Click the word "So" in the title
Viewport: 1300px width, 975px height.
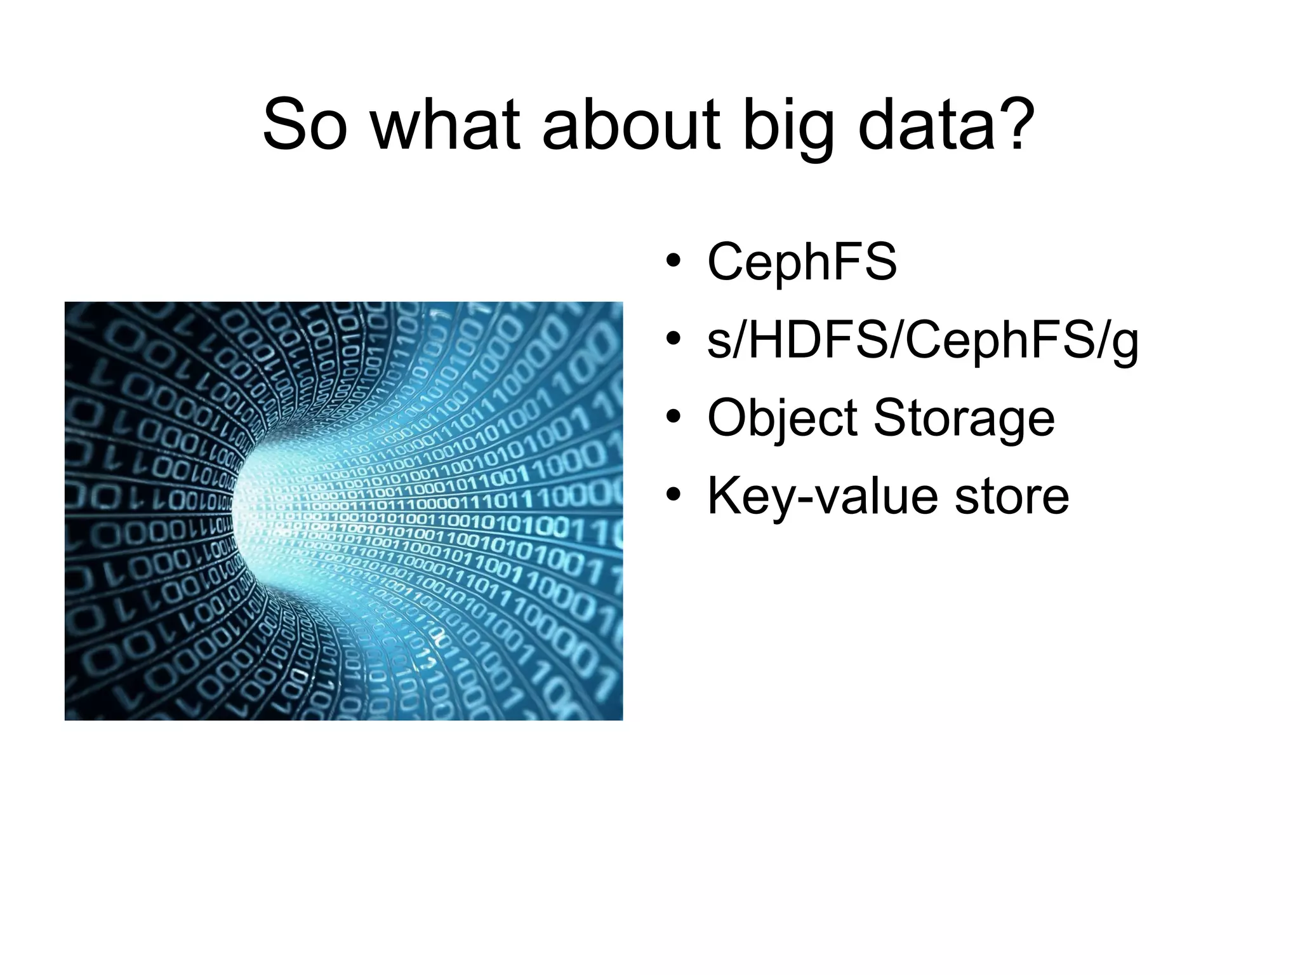pos(306,125)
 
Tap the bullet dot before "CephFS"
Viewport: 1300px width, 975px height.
pos(673,262)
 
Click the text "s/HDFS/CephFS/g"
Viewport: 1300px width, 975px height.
pos(922,342)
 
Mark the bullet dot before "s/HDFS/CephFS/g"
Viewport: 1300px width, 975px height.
pos(673,340)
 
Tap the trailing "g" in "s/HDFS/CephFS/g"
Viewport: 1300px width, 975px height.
pos(1124,346)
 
